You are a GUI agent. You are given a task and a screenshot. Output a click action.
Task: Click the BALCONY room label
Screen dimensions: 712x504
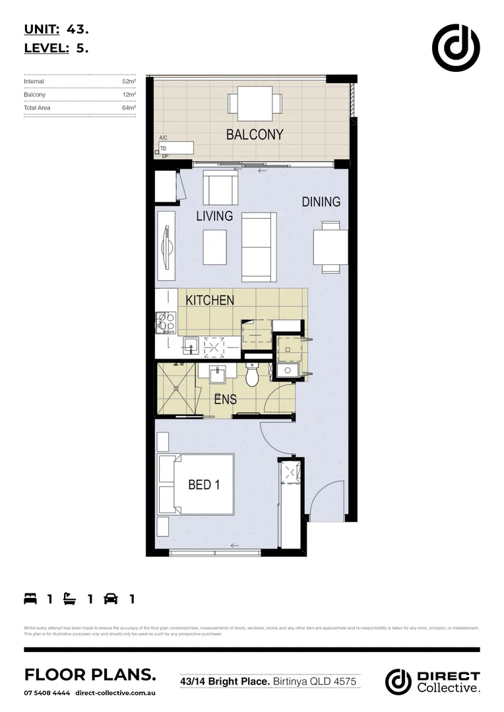click(x=255, y=134)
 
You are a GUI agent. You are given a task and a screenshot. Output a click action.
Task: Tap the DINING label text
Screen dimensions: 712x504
click(x=321, y=202)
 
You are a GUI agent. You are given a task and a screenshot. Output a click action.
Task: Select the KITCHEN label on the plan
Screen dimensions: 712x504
click(x=210, y=301)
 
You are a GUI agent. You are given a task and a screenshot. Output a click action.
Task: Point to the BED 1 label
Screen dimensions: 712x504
click(x=204, y=485)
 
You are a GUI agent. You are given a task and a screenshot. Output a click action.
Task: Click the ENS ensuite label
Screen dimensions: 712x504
click(x=225, y=399)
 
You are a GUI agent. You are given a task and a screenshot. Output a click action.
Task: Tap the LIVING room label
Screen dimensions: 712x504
click(x=214, y=216)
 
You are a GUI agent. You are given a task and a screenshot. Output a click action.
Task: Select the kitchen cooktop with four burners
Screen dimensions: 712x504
click(x=165, y=323)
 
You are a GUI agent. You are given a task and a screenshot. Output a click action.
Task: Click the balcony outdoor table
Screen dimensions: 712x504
click(x=255, y=104)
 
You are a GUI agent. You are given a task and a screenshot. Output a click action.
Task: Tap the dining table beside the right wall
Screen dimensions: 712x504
click(x=330, y=247)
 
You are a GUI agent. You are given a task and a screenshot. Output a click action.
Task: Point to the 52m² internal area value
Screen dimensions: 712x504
click(x=129, y=82)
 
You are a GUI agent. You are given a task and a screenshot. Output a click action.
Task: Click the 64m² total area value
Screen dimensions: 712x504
click(x=129, y=107)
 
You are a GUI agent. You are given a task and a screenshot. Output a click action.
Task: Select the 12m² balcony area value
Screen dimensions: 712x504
click(x=129, y=95)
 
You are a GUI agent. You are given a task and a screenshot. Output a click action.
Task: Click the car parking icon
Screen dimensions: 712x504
click(x=111, y=599)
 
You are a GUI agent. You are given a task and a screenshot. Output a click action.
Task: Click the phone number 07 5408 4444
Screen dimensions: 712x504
click(x=46, y=693)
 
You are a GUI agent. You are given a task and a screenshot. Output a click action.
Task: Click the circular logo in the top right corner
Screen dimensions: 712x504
click(x=456, y=47)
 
